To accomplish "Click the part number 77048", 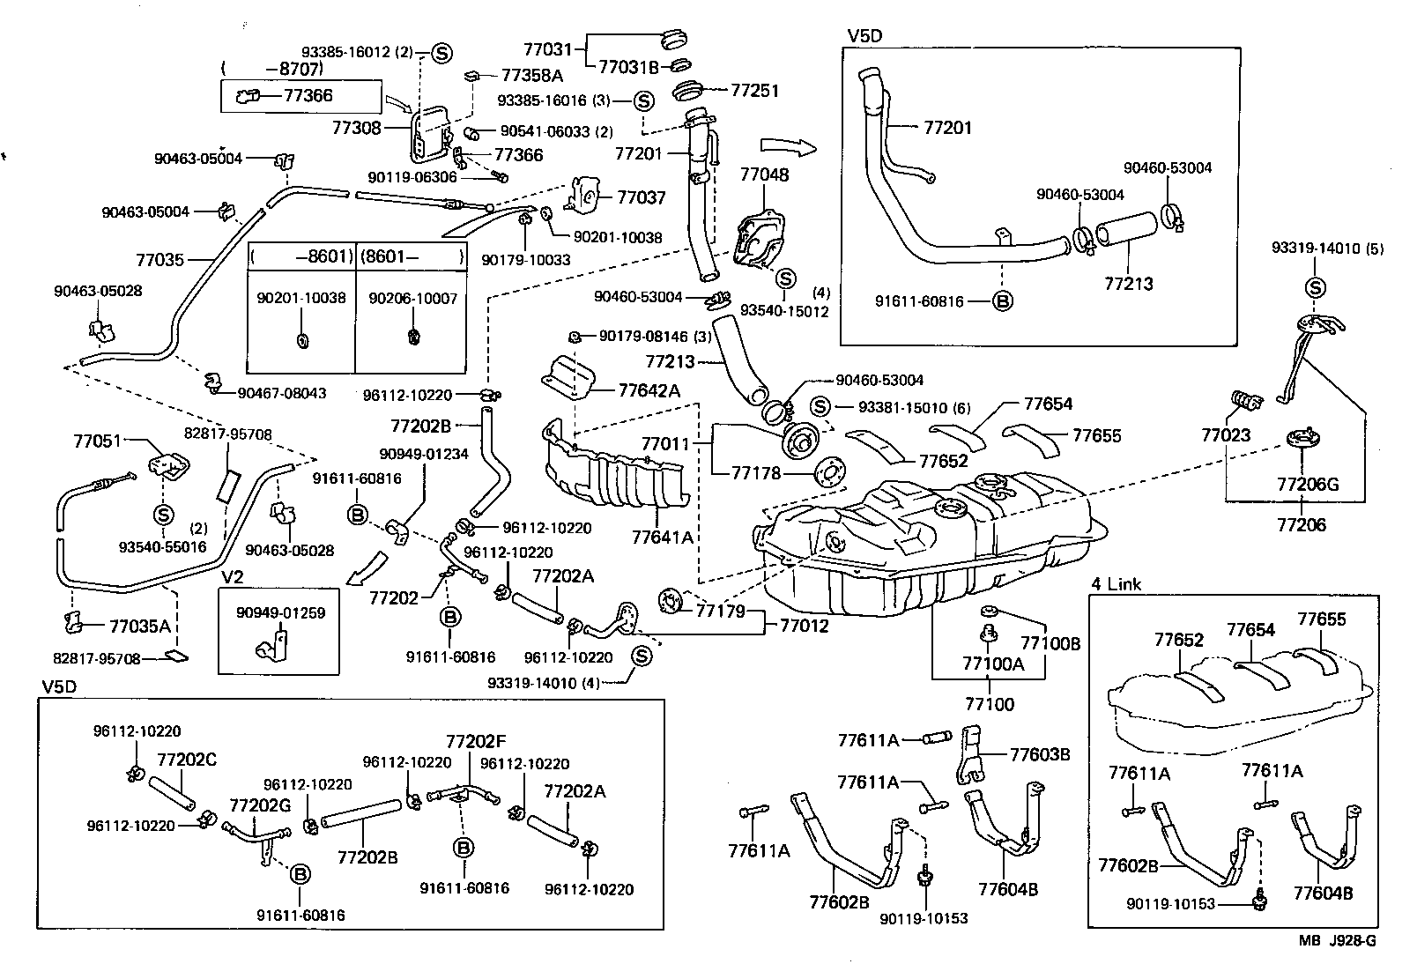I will pos(764,174).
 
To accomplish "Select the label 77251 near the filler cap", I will pos(755,90).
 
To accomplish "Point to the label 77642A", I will pos(649,389).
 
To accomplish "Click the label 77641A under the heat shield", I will pos(662,536).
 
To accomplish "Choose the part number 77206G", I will pos(1308,484).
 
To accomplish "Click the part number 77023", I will pos(1226,435).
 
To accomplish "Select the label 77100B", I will pos(1050,643).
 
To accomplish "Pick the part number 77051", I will pos(97,441).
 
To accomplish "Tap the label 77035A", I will pos(140,627).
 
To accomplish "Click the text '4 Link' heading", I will pos(1116,584).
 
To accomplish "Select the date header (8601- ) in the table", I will pos(412,258).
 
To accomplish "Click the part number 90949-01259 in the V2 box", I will pos(280,612).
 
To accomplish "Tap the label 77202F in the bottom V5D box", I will pos(476,742).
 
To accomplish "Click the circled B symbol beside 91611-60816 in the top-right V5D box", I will pos(1002,300).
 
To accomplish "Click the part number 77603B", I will pos(1040,754).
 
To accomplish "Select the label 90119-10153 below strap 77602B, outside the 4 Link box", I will pos(924,918).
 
